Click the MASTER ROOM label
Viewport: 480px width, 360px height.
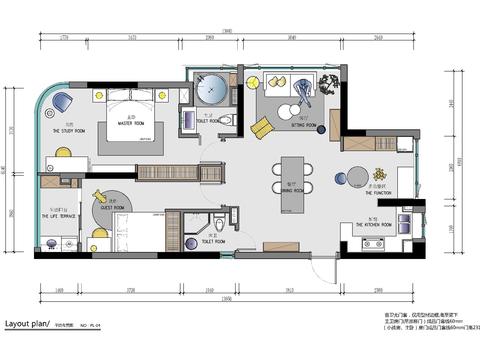[131, 124]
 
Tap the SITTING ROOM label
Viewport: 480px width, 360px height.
[303, 126]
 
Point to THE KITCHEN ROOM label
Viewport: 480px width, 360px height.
[373, 226]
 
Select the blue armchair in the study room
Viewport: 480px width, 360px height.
[63, 101]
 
